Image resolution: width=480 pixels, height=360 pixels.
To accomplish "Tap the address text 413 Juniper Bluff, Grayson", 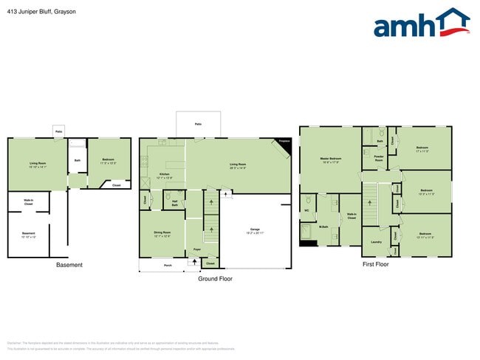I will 41,12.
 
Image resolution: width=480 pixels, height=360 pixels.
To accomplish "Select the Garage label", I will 255,230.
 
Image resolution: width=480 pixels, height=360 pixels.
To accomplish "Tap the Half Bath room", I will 175,204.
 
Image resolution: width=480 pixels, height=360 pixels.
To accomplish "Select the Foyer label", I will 197,249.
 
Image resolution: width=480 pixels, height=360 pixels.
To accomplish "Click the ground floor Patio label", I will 198,124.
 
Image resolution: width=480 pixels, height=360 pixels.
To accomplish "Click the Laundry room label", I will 376,241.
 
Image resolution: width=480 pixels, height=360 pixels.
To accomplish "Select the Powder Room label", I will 378,159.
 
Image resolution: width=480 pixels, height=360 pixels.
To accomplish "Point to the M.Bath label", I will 323,226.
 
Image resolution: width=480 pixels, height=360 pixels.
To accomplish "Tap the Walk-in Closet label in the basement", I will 28,201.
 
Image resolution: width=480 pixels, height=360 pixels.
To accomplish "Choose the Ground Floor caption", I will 215,279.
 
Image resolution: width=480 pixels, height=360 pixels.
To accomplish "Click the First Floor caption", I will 375,263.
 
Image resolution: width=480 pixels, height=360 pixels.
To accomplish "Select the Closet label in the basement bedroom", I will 116,185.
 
